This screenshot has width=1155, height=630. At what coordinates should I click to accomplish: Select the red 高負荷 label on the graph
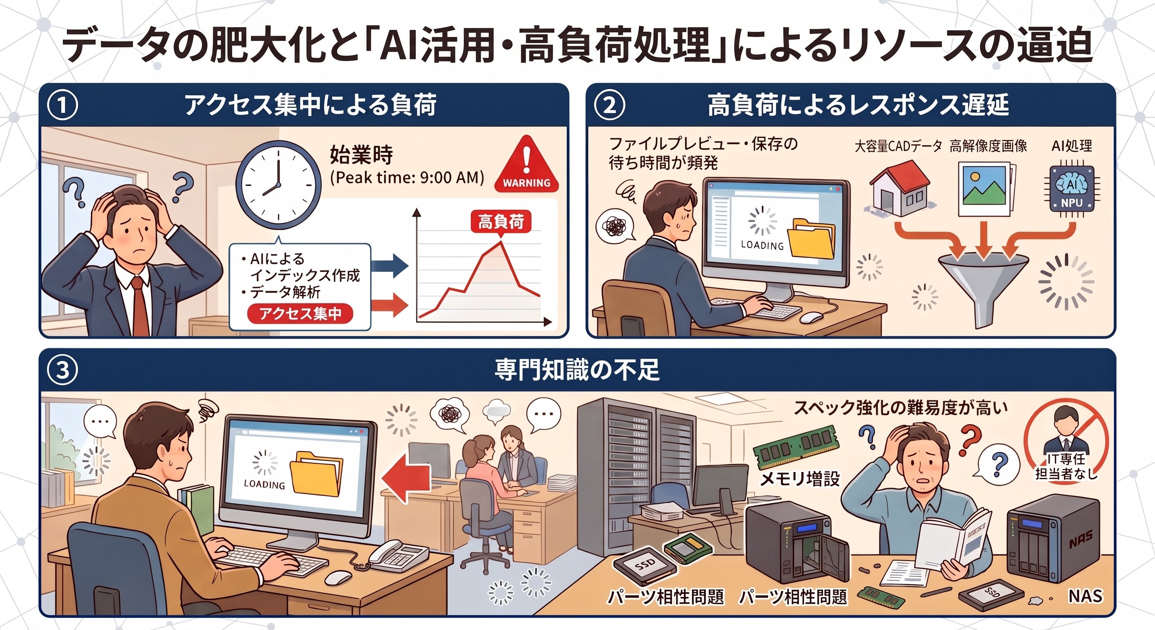tap(501, 221)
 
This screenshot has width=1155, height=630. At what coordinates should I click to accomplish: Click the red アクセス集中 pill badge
tap(300, 313)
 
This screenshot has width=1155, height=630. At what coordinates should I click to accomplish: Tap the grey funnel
tap(983, 287)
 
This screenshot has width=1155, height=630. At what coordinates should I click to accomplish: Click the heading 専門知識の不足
tap(577, 370)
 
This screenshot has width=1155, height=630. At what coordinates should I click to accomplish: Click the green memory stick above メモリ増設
tap(795, 447)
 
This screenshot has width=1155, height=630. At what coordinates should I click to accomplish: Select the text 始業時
tap(361, 155)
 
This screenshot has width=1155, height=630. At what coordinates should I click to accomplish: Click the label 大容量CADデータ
tap(898, 146)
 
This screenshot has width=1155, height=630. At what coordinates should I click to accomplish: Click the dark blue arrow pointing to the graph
tap(390, 265)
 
